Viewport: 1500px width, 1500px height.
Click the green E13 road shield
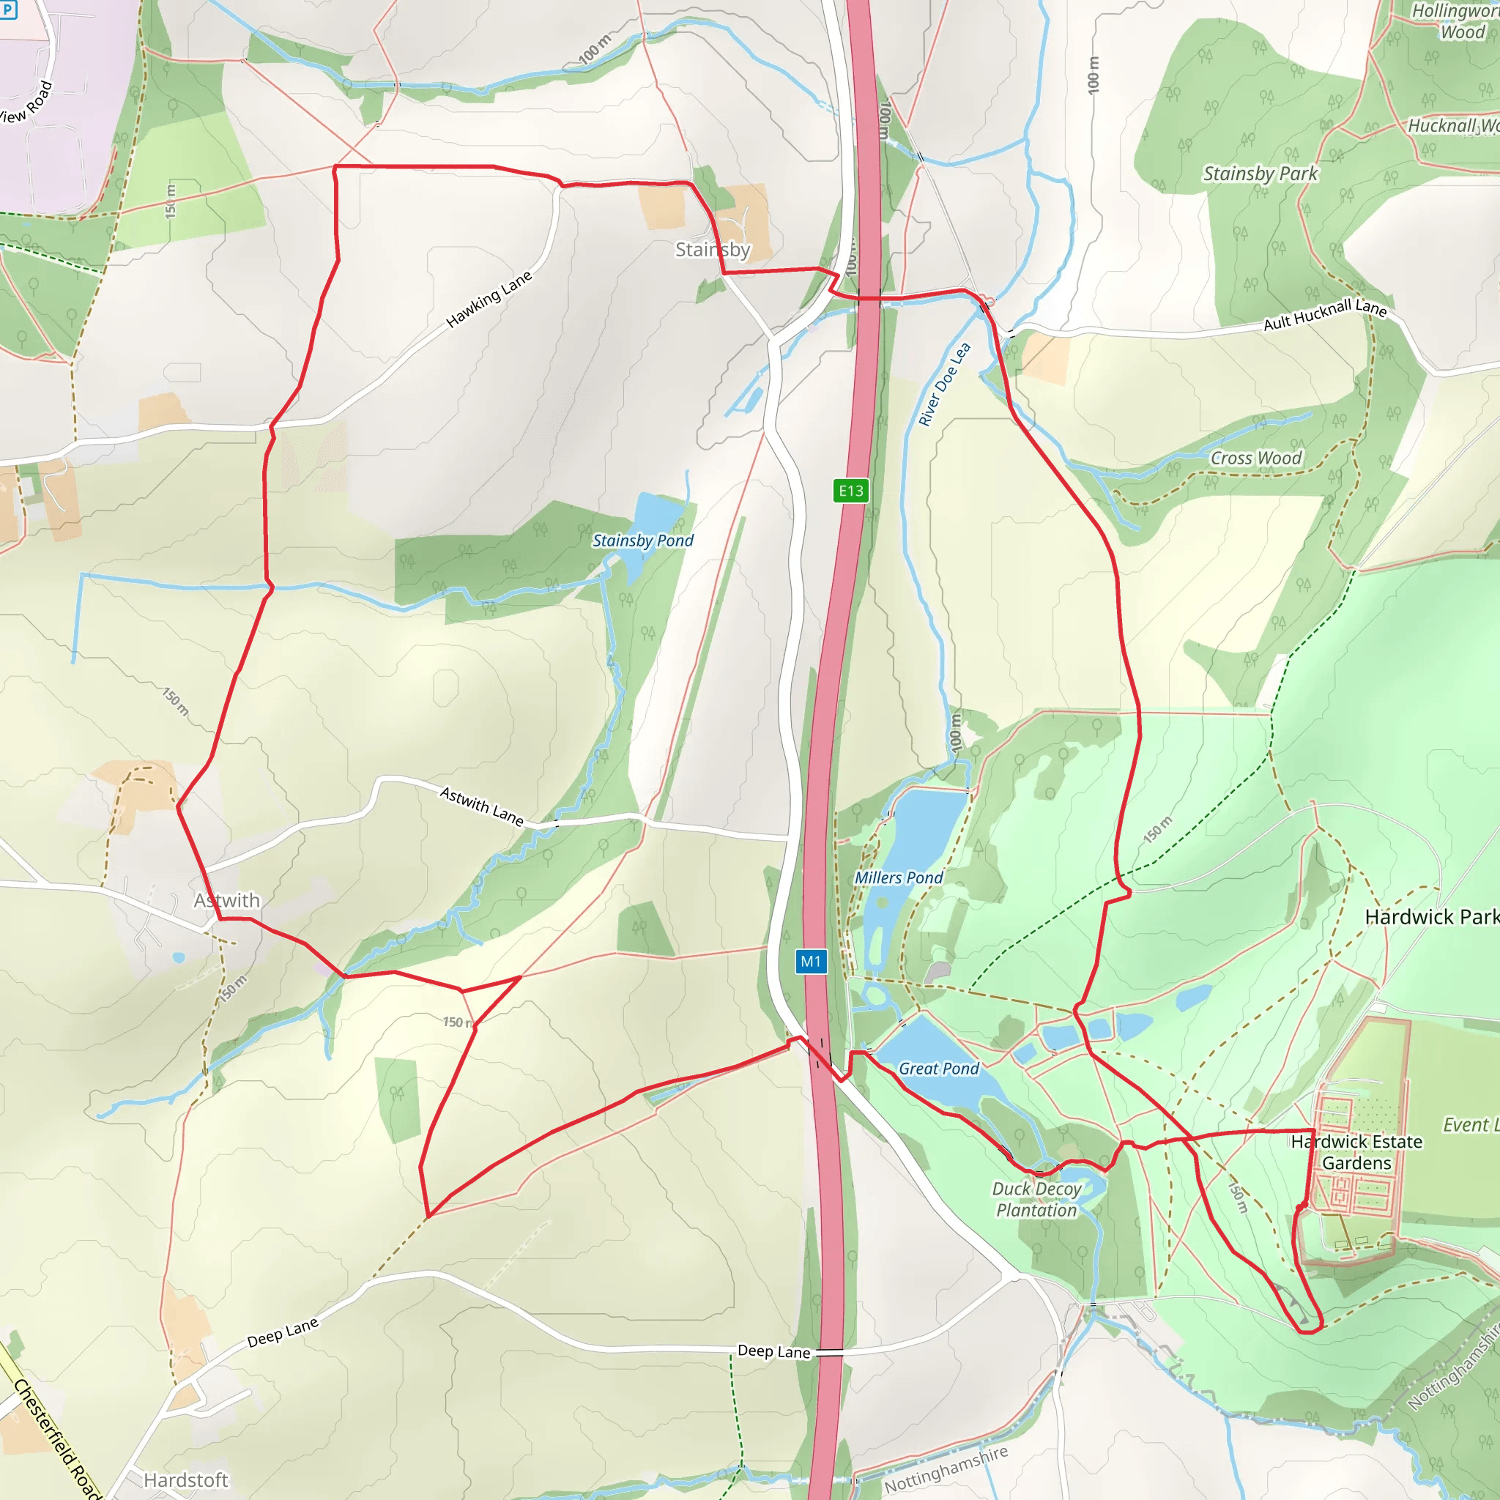(x=851, y=491)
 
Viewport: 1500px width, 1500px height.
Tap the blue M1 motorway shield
(x=811, y=961)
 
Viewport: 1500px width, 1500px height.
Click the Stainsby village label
(x=712, y=249)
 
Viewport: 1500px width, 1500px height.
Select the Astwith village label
(x=227, y=900)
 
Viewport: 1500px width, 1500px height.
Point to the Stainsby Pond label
(x=643, y=541)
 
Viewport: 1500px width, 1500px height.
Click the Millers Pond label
(x=898, y=877)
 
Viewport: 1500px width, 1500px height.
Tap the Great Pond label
(x=939, y=1069)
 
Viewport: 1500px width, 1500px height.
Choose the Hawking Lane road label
(x=489, y=299)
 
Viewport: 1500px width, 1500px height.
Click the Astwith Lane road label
(x=481, y=805)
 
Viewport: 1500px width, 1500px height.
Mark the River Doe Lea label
(x=944, y=385)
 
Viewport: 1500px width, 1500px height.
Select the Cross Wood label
(x=1255, y=458)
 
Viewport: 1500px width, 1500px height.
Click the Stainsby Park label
(x=1260, y=174)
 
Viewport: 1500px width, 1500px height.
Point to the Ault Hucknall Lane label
(x=1324, y=314)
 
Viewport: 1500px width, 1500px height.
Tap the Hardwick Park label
(x=1432, y=917)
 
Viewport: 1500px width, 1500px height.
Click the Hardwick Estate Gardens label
(x=1356, y=1152)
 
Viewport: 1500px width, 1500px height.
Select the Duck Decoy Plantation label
(x=1036, y=1200)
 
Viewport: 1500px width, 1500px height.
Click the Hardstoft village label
(x=186, y=1479)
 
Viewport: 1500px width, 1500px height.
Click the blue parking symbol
(x=7, y=10)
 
